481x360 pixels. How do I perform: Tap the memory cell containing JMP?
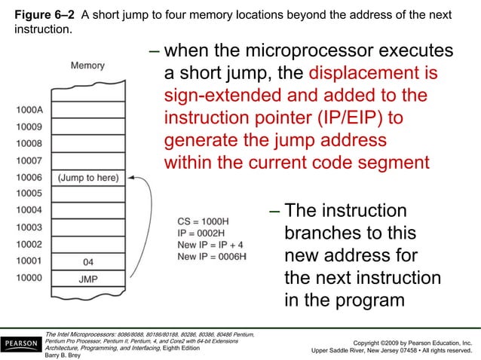pyautogui.click(x=87, y=279)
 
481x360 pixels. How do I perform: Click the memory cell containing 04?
pyautogui.click(x=87, y=262)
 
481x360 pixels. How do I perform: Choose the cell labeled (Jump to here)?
pyautogui.click(x=87, y=178)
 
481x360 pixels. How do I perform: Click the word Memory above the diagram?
pyautogui.click(x=87, y=66)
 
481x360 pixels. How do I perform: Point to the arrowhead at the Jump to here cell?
pyautogui.click(x=132, y=178)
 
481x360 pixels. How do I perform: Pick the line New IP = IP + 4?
pyautogui.click(x=210, y=246)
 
